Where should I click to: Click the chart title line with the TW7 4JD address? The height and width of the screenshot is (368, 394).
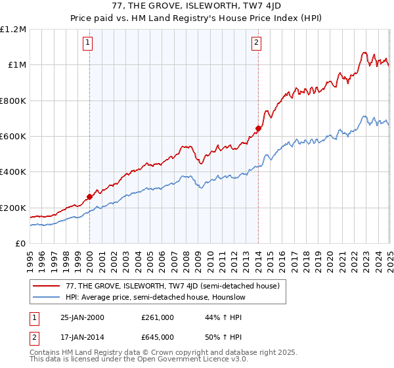[x=196, y=8]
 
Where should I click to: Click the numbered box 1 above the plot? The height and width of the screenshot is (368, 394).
[x=88, y=43]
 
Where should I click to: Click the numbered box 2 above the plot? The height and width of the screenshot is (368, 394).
[x=256, y=43]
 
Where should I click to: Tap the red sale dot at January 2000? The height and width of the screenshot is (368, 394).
[x=89, y=196]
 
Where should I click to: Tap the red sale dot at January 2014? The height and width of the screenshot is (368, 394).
[x=258, y=128]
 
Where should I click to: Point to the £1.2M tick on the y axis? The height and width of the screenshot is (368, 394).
[x=14, y=30]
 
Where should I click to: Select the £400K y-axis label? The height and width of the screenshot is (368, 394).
[x=13, y=172]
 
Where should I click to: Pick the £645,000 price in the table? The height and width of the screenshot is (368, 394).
[x=158, y=337]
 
